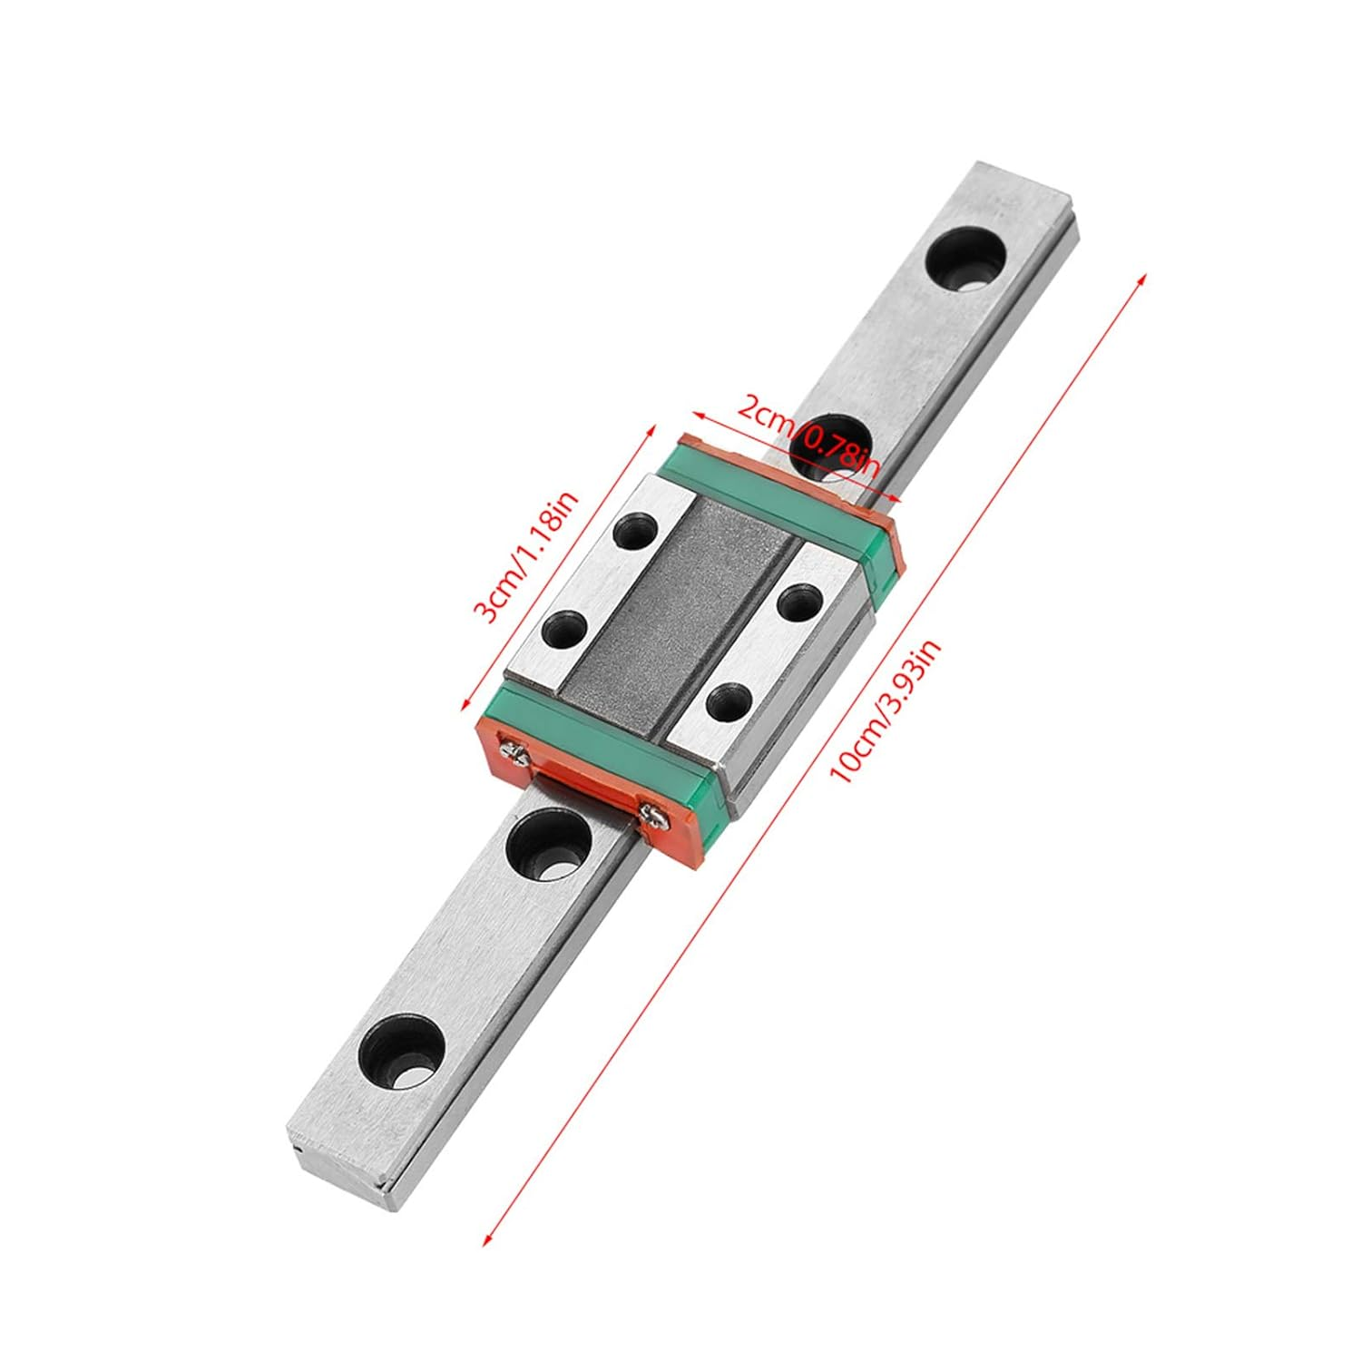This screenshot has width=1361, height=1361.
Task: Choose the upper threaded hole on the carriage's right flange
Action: pos(799,601)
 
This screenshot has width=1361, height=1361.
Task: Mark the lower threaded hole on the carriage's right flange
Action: pos(728,700)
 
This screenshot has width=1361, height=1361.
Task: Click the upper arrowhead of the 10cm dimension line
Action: pos(1142,274)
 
